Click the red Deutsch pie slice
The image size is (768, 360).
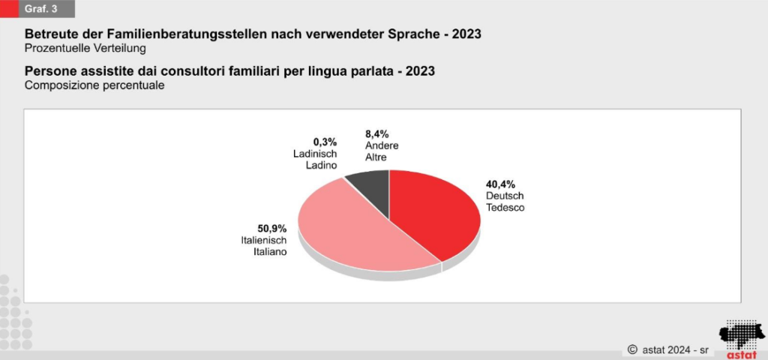[x=435, y=214]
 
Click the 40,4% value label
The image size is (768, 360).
[x=501, y=184]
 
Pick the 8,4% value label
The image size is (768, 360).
[x=377, y=134]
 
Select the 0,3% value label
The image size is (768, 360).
[x=325, y=141]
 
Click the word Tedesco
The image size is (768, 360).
[x=505, y=207]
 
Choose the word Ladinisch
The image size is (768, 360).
[x=315, y=153]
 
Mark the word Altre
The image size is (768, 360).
[x=376, y=158]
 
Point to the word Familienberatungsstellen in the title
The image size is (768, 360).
[x=205, y=34]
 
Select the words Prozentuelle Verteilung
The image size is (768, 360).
[x=85, y=48]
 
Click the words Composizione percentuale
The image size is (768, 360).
[x=94, y=85]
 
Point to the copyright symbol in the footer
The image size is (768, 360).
[x=632, y=349]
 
